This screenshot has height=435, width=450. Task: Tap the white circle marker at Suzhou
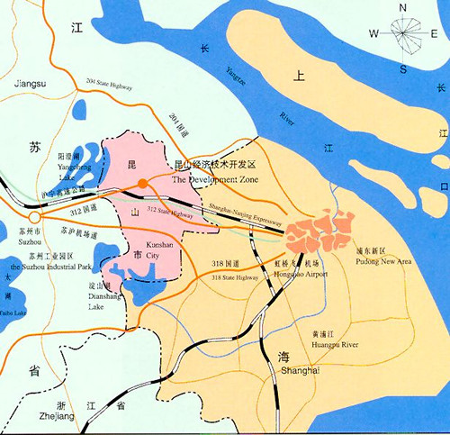tap(34, 217)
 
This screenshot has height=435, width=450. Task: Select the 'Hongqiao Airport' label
tap(301, 273)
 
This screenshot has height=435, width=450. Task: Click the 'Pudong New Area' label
tap(385, 261)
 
